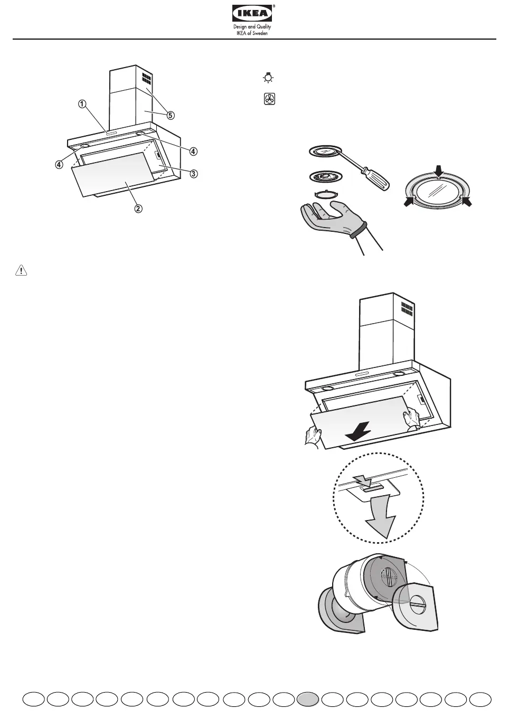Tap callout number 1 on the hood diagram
(82, 104)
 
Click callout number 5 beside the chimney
(170, 114)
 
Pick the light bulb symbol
(269, 79)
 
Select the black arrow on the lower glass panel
(357, 432)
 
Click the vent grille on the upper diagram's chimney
(146, 80)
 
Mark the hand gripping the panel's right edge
(411, 419)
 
